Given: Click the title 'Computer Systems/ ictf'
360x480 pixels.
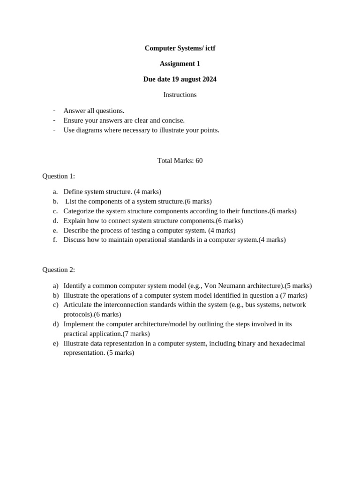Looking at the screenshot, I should [180, 48].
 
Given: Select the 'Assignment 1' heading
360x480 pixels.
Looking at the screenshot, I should [180, 64].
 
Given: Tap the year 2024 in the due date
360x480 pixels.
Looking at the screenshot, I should [208, 79].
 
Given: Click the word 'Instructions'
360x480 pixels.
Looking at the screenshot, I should [180, 95].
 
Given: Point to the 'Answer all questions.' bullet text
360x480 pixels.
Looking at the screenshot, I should [94, 111].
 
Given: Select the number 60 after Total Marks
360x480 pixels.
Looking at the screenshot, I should [199, 160].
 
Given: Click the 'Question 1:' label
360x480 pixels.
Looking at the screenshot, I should [59, 176].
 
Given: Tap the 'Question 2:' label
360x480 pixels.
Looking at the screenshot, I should [59, 270].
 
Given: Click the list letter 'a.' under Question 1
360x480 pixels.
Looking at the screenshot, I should [55, 192].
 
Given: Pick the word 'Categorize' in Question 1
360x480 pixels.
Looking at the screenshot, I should [79, 211].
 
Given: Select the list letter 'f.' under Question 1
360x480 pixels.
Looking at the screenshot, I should [55, 240].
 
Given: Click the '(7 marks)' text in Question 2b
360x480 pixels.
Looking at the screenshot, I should [293, 295].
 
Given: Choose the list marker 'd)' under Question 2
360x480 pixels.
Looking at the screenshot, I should [56, 324].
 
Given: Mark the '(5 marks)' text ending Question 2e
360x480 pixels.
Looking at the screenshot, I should [120, 352].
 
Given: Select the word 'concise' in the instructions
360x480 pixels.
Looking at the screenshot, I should [172, 120].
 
